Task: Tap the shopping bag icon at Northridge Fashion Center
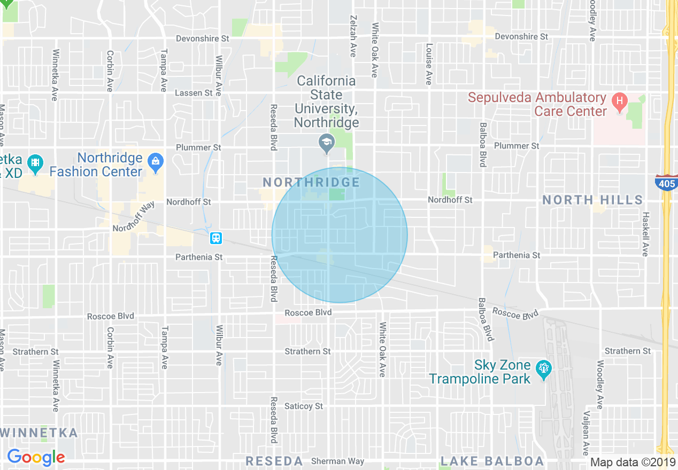point(156,161)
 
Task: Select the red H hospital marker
point(619,100)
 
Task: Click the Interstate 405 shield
point(666,183)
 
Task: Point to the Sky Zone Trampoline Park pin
point(544,369)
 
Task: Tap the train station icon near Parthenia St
point(215,238)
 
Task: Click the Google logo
point(36,457)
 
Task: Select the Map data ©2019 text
point(633,462)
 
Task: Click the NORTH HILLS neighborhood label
point(592,200)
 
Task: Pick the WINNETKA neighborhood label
point(40,433)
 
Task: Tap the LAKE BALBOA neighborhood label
point(492,461)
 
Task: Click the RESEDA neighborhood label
point(274,461)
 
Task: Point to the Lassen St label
point(194,93)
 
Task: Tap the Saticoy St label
point(304,406)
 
